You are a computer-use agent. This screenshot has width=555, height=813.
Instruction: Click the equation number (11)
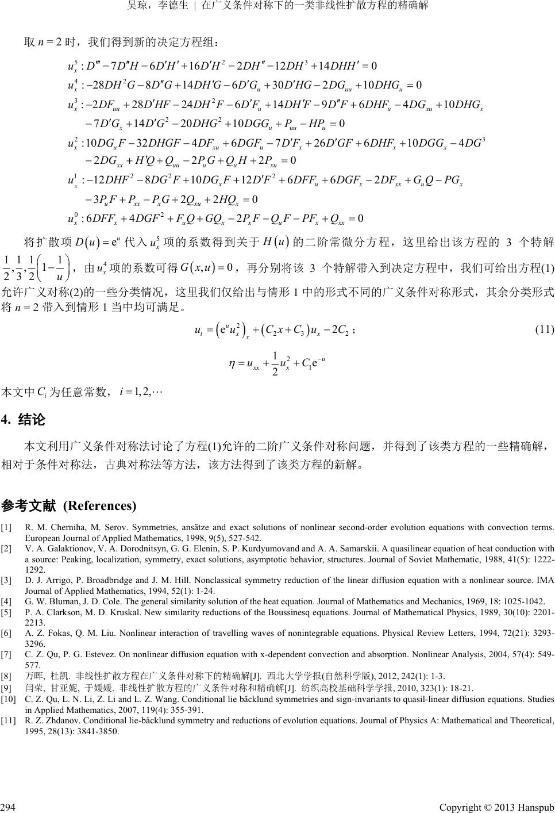(544, 329)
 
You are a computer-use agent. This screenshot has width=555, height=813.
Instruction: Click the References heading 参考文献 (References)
(69, 505)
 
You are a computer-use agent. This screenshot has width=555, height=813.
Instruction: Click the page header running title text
(277, 7)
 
